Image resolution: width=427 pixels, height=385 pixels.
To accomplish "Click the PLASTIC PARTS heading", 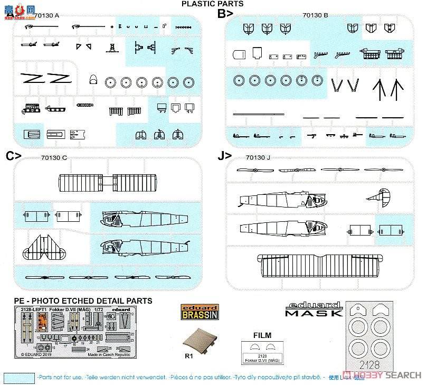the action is pyautogui.click(x=212, y=4).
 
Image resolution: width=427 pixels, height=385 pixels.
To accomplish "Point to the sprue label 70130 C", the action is pyautogui.click(x=53, y=157).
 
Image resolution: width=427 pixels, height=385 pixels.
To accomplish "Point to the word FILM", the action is pyautogui.click(x=262, y=334).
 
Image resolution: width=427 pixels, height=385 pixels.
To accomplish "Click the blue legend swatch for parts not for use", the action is pyautogui.click(x=18, y=378).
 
